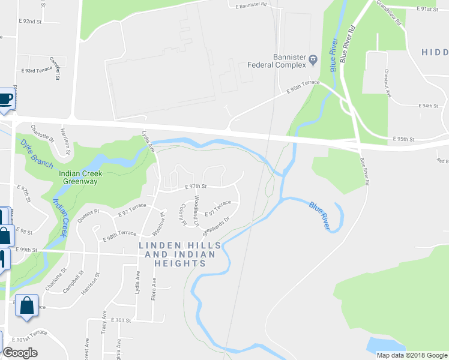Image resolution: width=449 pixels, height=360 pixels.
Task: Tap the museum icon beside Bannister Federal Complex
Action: click(x=313, y=58)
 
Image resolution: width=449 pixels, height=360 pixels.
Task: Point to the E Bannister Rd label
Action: click(x=246, y=6)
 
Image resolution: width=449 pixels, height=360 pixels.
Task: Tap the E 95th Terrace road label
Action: click(x=303, y=87)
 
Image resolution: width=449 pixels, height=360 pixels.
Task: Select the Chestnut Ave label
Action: click(x=387, y=83)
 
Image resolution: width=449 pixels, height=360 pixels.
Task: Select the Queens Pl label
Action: click(x=88, y=215)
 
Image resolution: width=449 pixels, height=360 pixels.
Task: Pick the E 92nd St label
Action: click(x=31, y=21)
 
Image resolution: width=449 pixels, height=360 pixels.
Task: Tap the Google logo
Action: click(x=20, y=353)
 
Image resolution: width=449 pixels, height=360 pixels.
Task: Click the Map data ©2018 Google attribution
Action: click(x=411, y=355)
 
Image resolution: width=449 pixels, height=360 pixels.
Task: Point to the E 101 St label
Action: click(x=121, y=321)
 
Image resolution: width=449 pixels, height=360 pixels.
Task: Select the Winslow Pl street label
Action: click(x=158, y=223)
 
